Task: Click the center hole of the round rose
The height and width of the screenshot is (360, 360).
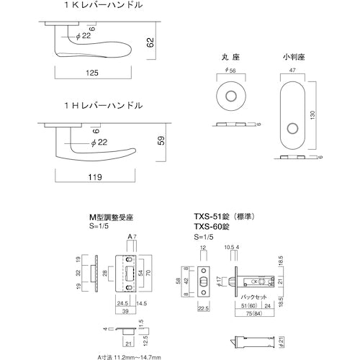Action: pos(232,96)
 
